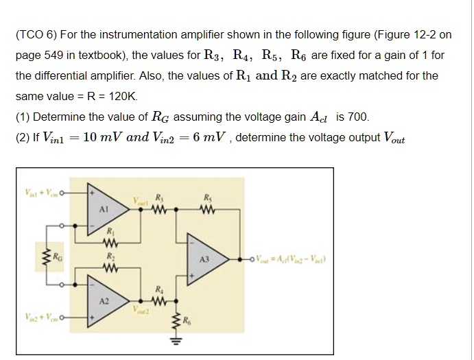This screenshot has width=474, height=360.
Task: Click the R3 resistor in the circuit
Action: (161, 211)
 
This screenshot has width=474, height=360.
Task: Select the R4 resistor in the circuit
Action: (161, 299)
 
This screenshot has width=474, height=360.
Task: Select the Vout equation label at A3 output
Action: (295, 259)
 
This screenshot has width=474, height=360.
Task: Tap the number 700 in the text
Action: (359, 117)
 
